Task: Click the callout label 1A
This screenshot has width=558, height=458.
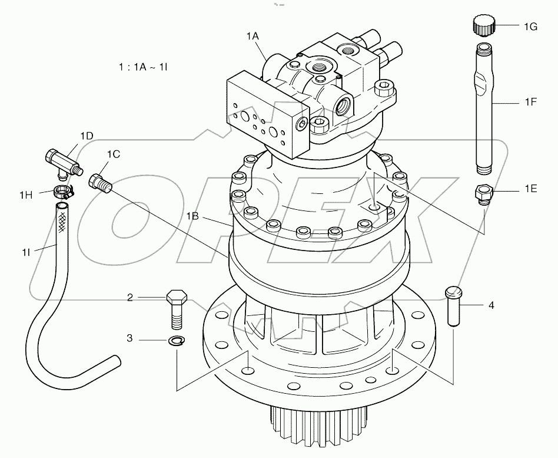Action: pyautogui.click(x=253, y=36)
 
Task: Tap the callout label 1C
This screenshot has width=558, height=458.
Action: pyautogui.click(x=114, y=154)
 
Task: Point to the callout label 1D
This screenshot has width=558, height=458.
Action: pyautogui.click(x=86, y=136)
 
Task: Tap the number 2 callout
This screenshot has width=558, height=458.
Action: pyautogui.click(x=130, y=298)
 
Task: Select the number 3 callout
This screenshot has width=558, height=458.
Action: pyautogui.click(x=130, y=339)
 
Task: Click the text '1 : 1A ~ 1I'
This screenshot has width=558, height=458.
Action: pyautogui.click(x=143, y=67)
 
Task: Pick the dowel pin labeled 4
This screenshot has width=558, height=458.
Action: pyautogui.click(x=453, y=304)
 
